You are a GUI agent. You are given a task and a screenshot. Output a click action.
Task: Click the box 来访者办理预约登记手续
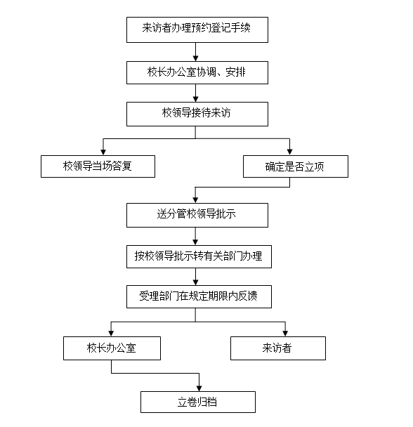(197, 29)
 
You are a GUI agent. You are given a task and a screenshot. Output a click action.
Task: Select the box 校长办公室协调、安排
(197, 72)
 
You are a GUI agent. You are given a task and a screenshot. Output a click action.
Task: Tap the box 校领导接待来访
(197, 114)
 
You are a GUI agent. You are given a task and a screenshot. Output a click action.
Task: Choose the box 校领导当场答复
(98, 166)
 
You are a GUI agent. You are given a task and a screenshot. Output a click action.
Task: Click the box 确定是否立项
(296, 166)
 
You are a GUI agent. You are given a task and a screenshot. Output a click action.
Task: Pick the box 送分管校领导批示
(197, 215)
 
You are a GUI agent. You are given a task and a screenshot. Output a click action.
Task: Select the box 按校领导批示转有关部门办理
(199, 256)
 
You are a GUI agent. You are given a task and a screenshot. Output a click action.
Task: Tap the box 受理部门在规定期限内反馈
(199, 296)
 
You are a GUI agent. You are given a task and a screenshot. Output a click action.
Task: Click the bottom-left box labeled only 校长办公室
(112, 348)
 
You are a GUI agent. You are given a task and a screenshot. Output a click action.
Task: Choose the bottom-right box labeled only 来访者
(278, 348)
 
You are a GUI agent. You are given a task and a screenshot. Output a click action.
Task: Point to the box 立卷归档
(198, 402)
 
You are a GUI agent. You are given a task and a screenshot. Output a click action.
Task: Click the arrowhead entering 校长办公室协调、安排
(195, 58)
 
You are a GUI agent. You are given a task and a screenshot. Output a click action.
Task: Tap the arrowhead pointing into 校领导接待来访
(195, 99)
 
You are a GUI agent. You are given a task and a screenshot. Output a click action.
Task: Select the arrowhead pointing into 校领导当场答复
(103, 152)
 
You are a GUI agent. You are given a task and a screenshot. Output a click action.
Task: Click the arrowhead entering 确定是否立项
(289, 152)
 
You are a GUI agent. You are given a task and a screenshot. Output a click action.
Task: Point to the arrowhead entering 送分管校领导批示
(195, 200)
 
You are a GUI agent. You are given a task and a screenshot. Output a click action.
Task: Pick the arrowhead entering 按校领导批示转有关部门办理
(195, 242)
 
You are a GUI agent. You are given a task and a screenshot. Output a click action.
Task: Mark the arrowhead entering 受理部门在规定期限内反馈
(195, 282)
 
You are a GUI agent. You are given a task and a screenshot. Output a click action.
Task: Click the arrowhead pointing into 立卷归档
(199, 388)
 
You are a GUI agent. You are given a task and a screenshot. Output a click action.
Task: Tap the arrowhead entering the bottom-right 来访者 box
(285, 334)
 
